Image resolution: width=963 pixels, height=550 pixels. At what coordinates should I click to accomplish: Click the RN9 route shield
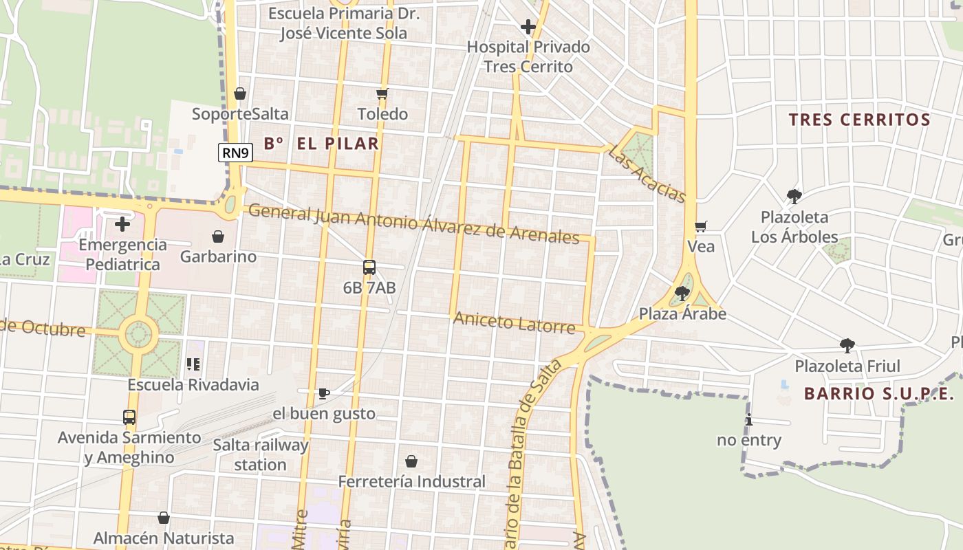(x=235, y=153)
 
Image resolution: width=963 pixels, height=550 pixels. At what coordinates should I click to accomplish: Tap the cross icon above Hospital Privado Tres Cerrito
(x=528, y=27)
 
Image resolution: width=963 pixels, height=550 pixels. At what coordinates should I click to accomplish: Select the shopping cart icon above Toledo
(x=382, y=93)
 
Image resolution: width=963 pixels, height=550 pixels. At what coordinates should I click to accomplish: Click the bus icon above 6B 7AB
(x=369, y=267)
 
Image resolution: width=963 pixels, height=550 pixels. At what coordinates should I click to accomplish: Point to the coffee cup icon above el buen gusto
(x=324, y=393)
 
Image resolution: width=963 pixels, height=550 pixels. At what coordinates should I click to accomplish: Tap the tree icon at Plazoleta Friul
(x=847, y=345)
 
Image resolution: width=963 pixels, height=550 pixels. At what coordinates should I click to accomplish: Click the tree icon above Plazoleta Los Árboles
(x=794, y=197)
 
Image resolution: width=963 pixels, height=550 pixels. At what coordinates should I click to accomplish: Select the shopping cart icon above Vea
(x=701, y=226)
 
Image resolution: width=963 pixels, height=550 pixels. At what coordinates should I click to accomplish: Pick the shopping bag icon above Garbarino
(x=218, y=236)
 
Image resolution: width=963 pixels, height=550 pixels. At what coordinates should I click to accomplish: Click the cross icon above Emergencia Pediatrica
(x=122, y=224)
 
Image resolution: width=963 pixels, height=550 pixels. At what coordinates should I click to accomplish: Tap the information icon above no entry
(x=748, y=420)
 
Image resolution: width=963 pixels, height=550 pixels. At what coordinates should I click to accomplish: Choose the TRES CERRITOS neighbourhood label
(x=859, y=120)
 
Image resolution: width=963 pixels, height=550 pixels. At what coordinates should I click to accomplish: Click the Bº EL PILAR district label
(x=321, y=144)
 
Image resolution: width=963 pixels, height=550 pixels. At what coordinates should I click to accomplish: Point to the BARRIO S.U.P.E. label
(x=878, y=394)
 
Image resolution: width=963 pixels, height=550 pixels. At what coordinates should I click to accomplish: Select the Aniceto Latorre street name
(x=514, y=322)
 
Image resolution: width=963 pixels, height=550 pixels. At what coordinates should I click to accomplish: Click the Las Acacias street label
(x=647, y=175)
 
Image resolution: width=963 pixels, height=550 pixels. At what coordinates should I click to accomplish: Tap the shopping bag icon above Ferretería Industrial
(x=411, y=461)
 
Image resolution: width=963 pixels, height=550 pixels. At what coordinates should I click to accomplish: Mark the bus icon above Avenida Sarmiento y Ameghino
(x=129, y=417)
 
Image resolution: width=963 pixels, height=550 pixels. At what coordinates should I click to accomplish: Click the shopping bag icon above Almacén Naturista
(x=164, y=518)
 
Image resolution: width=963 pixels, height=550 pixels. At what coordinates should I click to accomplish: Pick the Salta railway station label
(x=260, y=454)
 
